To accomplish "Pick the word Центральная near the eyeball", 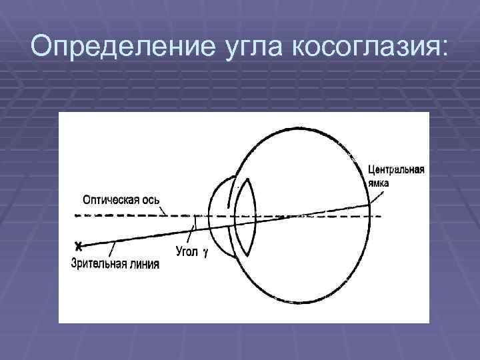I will (395, 169).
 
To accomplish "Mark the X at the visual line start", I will (79, 244).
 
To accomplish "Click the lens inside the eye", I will (245, 217).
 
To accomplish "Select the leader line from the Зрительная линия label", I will (112, 249).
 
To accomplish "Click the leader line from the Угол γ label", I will (192, 234).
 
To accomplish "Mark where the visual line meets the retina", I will (370, 205).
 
